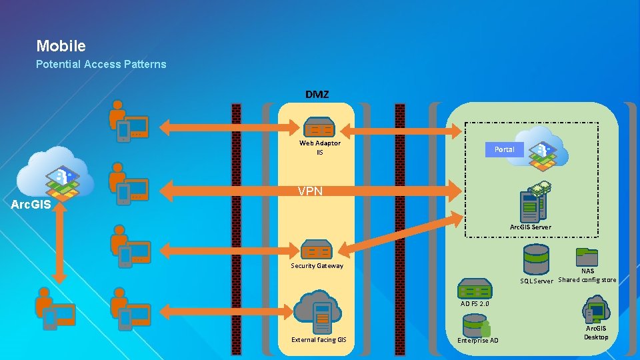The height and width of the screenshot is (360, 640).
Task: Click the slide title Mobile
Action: pyautogui.click(x=61, y=46)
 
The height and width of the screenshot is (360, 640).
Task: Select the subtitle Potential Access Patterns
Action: pyautogui.click(x=101, y=64)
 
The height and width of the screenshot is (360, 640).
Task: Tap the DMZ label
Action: pyautogui.click(x=317, y=94)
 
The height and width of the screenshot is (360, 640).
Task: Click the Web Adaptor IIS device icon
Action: pyautogui.click(x=319, y=127)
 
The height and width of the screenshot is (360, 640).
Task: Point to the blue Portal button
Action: pyautogui.click(x=504, y=149)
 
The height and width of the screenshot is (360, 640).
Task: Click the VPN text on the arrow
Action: pyautogui.click(x=310, y=191)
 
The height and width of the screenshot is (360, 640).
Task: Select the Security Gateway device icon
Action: pyautogui.click(x=317, y=250)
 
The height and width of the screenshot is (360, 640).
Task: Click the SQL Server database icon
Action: pyautogui.click(x=536, y=259)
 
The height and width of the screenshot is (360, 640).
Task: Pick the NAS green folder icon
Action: pyautogui.click(x=587, y=257)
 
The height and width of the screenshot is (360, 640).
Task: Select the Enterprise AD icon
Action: pyautogui.click(x=477, y=326)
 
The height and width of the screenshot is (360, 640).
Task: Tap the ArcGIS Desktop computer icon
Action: pyautogui.click(x=595, y=311)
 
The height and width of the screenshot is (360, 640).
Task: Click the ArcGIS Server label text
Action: pyautogui.click(x=530, y=227)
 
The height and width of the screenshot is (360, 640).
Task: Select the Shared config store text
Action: pyautogui.click(x=587, y=280)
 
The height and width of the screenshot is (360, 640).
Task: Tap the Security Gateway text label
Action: pyautogui.click(x=317, y=266)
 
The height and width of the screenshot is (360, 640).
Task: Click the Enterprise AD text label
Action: pyautogui.click(x=477, y=341)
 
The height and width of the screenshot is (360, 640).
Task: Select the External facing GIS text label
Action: pyautogui.click(x=319, y=340)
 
